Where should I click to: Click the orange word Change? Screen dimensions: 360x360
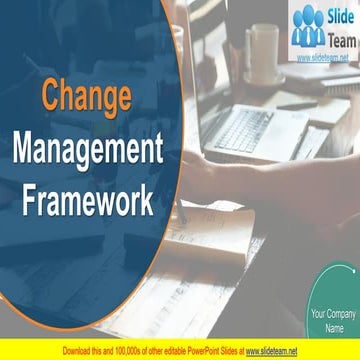pyautogui.click(x=86, y=98)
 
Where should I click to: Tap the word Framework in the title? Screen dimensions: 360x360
pyautogui.click(x=86, y=199)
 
